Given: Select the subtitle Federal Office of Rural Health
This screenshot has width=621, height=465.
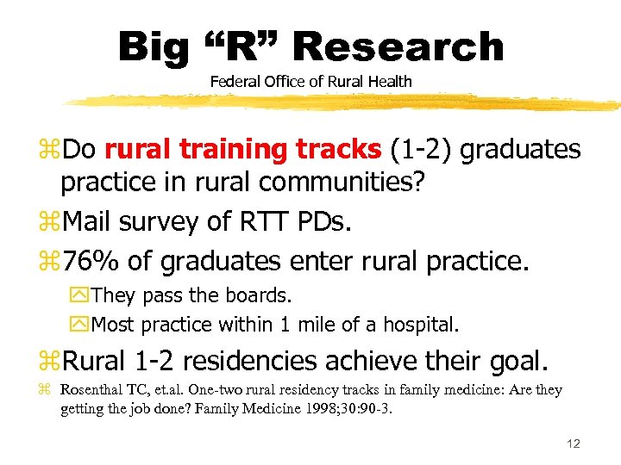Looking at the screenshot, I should [310, 82].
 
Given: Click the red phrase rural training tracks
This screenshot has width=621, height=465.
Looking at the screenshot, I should [242, 150].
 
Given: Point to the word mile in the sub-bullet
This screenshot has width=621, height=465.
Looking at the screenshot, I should [329, 325].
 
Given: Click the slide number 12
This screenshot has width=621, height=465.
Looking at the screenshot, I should [573, 443].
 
